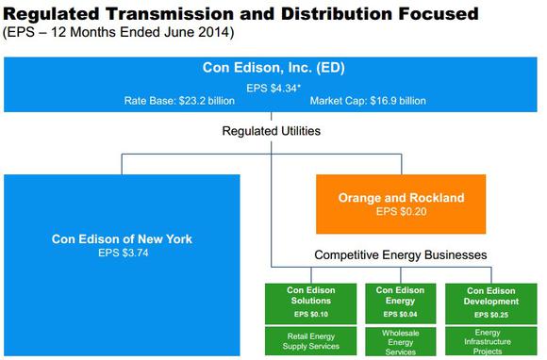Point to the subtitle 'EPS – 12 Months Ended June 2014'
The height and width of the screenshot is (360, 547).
pyautogui.click(x=119, y=33)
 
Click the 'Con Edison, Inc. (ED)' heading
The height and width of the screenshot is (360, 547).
pyautogui.click(x=271, y=68)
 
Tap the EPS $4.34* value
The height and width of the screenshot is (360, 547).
pyautogui.click(x=272, y=87)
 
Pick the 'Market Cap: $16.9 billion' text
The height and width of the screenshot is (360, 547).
pyautogui.click(x=367, y=100)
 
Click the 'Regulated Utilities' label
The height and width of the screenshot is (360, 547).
pyautogui.click(x=271, y=131)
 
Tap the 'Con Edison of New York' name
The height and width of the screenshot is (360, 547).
pyautogui.click(x=122, y=238)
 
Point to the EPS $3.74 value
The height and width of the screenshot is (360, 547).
pyautogui.click(x=122, y=253)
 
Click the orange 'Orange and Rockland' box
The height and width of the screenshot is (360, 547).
pyautogui.click(x=400, y=204)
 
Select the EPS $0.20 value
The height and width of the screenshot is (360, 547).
pyautogui.click(x=400, y=212)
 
